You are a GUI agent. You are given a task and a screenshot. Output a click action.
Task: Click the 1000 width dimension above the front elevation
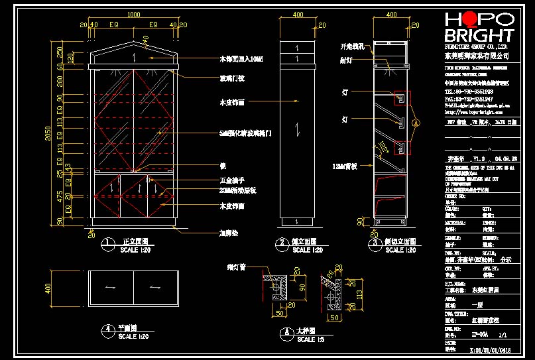[133, 14]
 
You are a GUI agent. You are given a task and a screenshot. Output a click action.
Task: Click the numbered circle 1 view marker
[105, 243]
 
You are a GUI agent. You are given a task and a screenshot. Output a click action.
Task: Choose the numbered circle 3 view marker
[375, 243]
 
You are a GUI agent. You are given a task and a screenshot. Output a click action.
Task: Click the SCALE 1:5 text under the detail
[307, 339]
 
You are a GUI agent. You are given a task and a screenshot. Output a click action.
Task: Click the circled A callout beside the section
[416, 123]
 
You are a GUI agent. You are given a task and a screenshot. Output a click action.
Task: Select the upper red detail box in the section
[400, 98]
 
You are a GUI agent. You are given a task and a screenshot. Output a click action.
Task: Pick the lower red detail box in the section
[400, 147]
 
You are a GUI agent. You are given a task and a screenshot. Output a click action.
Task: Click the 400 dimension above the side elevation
[298, 14]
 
